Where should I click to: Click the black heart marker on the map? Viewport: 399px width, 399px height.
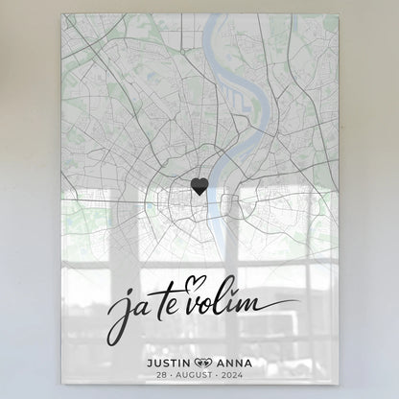[x=199, y=186]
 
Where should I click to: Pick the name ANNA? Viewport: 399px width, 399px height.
[x=235, y=362]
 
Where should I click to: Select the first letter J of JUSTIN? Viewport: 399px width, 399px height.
[x=143, y=362]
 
